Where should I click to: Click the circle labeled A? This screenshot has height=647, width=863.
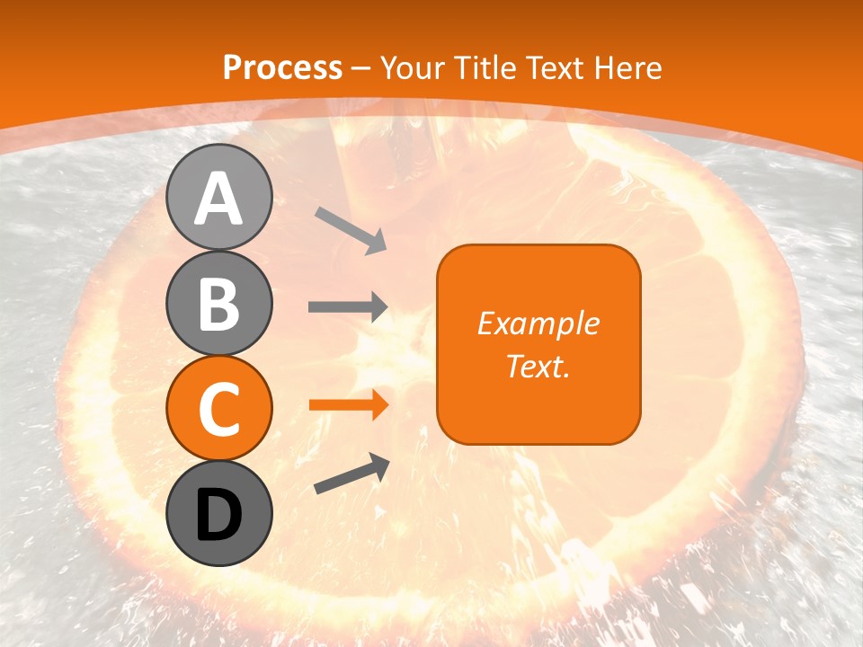coord(218,198)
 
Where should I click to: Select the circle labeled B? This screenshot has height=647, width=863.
coord(218,303)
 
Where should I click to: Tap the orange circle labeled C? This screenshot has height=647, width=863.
coord(218,408)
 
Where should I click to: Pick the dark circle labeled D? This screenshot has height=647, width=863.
coord(218,513)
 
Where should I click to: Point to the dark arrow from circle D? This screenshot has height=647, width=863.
coord(351,474)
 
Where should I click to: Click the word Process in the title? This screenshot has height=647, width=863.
coord(282,67)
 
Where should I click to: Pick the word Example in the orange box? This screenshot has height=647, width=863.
coord(538,323)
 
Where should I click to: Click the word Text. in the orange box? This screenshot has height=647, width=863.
coord(538,366)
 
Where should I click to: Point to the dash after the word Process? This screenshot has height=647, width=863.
coord(360,68)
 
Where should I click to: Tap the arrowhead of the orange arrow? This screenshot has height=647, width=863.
coord(378,405)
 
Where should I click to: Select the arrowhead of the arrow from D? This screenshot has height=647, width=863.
coord(379,464)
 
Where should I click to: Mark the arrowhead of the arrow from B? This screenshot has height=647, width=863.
coord(378,307)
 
